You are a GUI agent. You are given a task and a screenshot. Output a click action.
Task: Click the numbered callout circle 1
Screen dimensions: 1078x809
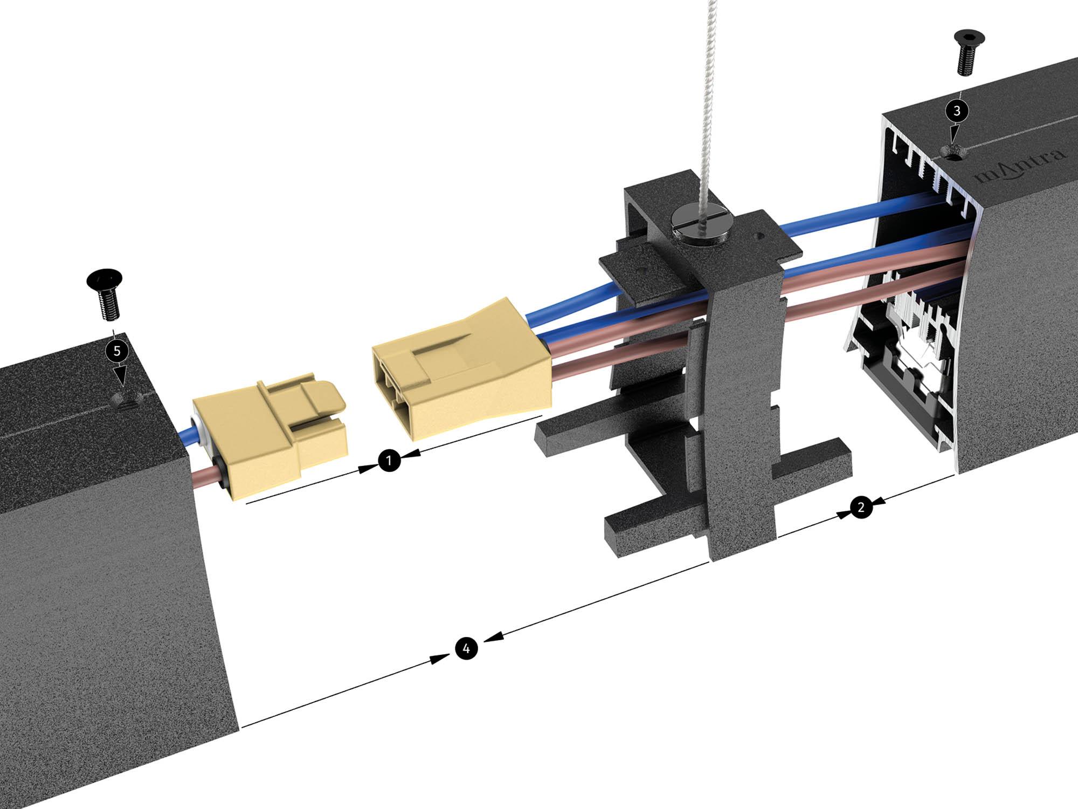tap(389, 461)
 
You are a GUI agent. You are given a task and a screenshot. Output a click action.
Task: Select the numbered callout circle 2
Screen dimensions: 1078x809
tap(861, 507)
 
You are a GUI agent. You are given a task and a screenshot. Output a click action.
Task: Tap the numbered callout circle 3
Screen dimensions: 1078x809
tap(957, 111)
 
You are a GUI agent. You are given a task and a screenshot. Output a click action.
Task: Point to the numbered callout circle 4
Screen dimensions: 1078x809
tap(467, 648)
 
